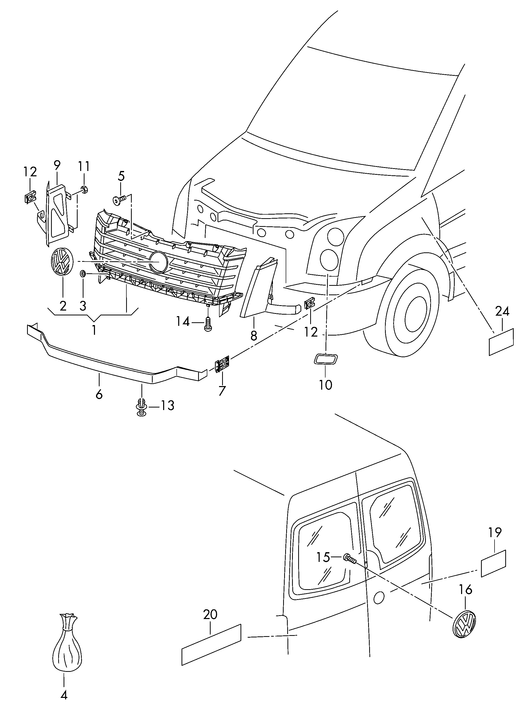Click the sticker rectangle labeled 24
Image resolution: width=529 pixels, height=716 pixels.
click(501, 342)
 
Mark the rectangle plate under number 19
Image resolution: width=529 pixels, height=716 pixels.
click(494, 564)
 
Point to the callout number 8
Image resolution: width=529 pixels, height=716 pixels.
click(254, 336)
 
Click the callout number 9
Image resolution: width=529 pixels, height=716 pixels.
click(57, 165)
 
